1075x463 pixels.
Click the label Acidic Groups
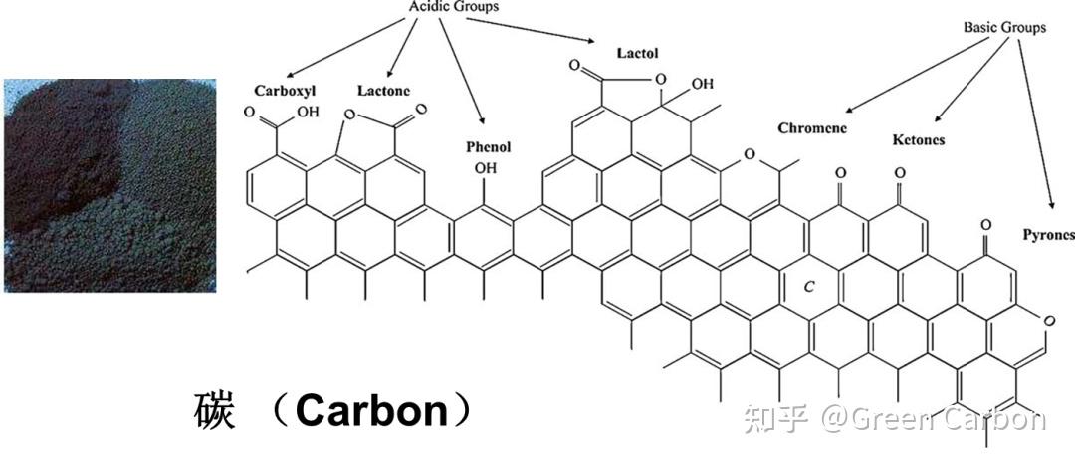[x=454, y=7]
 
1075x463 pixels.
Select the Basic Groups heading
[x=1004, y=27]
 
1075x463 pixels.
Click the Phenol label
[x=488, y=146]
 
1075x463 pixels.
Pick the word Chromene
[x=812, y=127]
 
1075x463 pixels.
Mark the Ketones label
[x=918, y=140]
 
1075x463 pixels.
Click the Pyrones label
[x=1048, y=235]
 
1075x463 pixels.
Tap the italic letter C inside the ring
[x=809, y=286]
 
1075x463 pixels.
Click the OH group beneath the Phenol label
[x=485, y=169]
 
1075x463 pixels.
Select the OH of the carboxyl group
[x=308, y=112]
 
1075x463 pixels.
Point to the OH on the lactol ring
[x=702, y=83]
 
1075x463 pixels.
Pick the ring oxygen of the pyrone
[x=1048, y=320]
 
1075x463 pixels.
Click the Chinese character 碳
[x=214, y=411]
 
